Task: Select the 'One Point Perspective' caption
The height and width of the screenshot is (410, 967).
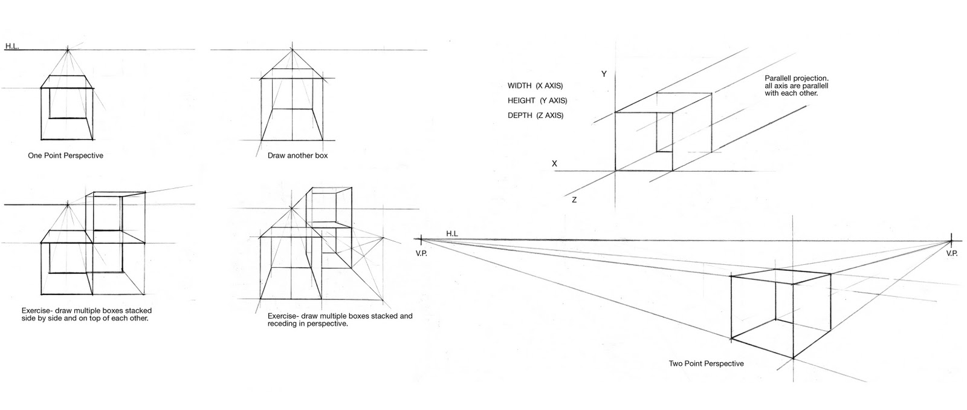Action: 65,156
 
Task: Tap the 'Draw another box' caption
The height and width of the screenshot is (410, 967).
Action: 297,156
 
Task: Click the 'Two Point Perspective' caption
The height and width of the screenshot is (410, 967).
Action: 706,364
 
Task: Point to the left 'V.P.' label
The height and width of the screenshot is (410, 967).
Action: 421,253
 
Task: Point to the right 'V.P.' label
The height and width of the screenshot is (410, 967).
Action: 951,253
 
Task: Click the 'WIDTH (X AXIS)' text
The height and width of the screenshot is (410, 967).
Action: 539,86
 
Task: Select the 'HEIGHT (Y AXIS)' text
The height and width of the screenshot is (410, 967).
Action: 537,101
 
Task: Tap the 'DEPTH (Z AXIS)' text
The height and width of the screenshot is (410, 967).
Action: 535,116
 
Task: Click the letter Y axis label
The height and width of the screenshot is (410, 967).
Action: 603,74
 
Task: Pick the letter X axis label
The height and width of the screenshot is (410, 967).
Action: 554,164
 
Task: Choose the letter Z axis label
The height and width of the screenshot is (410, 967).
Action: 574,200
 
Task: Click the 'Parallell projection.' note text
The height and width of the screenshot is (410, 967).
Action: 796,79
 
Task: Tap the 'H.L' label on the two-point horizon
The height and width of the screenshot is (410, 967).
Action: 452,233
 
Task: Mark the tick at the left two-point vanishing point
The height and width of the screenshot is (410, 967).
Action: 421,240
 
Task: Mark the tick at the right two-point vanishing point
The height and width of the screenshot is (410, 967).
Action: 951,240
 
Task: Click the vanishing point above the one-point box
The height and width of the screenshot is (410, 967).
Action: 68,50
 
